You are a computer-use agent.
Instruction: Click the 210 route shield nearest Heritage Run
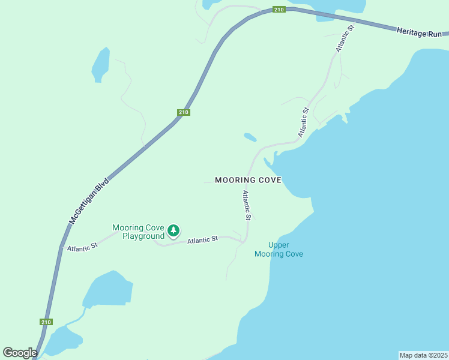pyautogui.click(x=279, y=10)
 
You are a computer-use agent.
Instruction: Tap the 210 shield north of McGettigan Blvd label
pyautogui.click(x=184, y=112)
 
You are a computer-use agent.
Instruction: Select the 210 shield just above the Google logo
pyautogui.click(x=46, y=322)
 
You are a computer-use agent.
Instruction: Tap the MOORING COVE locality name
pyautogui.click(x=248, y=180)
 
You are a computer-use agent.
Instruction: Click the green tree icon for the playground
pyautogui.click(x=173, y=230)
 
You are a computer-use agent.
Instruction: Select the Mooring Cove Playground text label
pyautogui.click(x=139, y=232)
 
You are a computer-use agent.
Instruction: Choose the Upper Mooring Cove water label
pyautogui.click(x=279, y=250)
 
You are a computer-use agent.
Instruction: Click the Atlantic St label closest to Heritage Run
pyautogui.click(x=346, y=38)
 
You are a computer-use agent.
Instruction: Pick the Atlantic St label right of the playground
pyautogui.click(x=202, y=241)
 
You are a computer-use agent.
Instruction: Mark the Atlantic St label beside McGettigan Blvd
pyautogui.click(x=82, y=247)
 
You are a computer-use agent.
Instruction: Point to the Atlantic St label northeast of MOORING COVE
pyautogui.click(x=304, y=122)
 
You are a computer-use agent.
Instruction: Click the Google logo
pyautogui.click(x=20, y=353)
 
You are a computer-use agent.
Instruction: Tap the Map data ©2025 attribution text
pyautogui.click(x=423, y=355)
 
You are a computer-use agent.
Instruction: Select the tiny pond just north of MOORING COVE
pyautogui.click(x=250, y=137)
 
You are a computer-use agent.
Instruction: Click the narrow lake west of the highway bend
pyautogui.click(x=100, y=64)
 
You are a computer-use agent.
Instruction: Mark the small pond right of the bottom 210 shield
pyautogui.click(x=65, y=340)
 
